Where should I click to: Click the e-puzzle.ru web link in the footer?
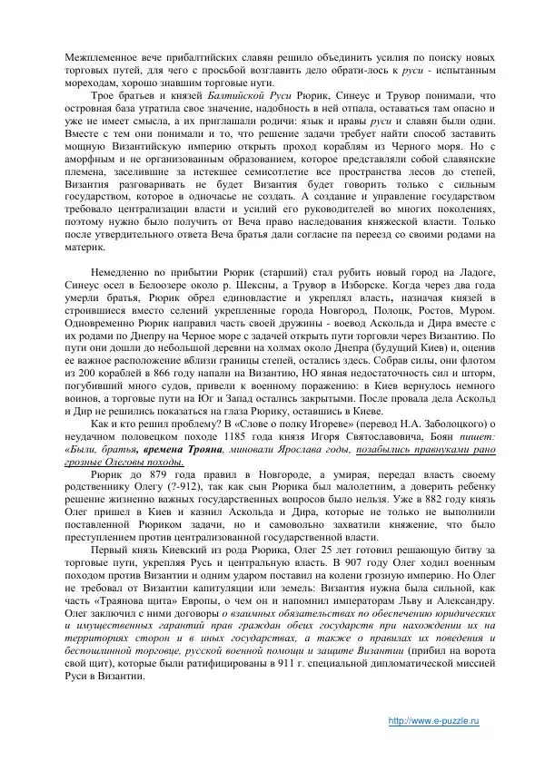(x=433, y=719)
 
